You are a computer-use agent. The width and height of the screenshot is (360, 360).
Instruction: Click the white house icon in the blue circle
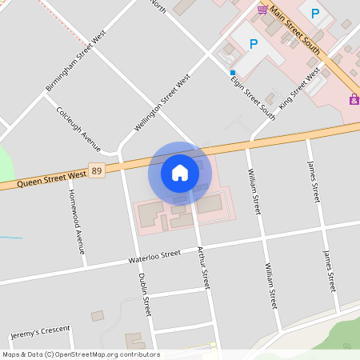pyautogui.click(x=180, y=172)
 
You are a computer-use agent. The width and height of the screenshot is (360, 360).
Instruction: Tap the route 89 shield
pyautogui.click(x=97, y=171)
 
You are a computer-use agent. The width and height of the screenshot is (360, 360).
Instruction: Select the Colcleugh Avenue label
pyautogui.click(x=78, y=129)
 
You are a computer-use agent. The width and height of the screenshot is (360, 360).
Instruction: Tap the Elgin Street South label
pyautogui.click(x=252, y=98)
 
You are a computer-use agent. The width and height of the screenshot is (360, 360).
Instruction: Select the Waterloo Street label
pyautogui.click(x=155, y=257)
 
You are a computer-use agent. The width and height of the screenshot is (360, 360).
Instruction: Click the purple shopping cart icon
pyautogui.click(x=262, y=9)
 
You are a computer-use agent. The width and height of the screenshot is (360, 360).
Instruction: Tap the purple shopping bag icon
pyautogui.click(x=354, y=99)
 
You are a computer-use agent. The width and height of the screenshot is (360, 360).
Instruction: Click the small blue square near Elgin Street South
pyautogui.click(x=233, y=72)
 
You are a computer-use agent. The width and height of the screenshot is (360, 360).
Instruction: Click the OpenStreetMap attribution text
pyautogui.click(x=81, y=354)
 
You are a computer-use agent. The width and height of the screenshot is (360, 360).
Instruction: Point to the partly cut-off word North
pyautogui.click(x=158, y=6)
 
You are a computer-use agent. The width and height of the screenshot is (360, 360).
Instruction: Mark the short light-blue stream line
pyautogui.click(x=10, y=237)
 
